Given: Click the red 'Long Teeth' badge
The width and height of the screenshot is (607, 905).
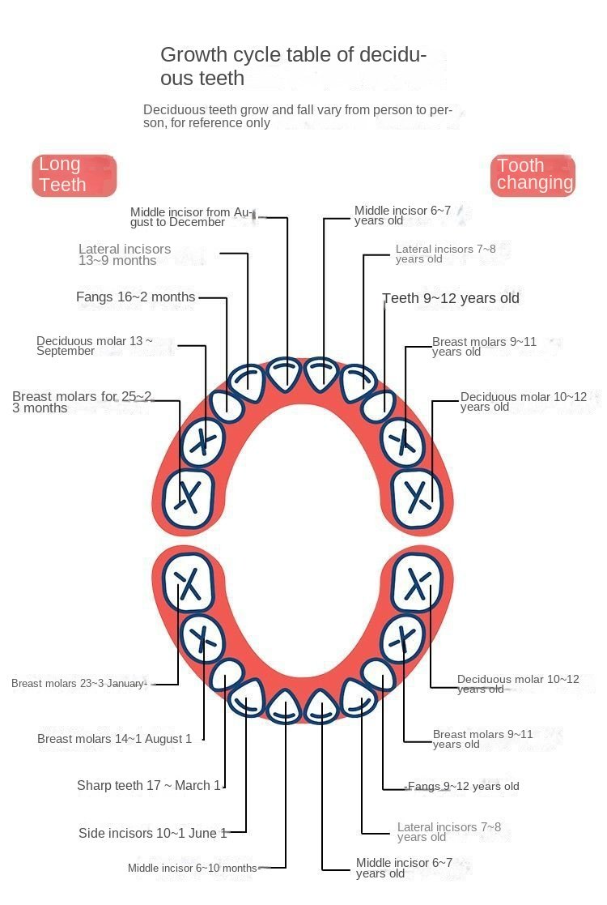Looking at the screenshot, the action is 74,176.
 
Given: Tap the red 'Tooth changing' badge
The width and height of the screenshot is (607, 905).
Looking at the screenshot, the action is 533,175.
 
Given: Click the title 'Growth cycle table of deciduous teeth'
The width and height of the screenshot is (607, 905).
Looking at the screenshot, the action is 294,66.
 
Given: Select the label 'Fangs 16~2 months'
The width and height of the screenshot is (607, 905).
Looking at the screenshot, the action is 135,297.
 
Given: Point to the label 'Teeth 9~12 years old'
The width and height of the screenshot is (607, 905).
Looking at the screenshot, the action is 451,298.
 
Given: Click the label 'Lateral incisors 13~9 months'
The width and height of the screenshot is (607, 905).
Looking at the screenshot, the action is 125,254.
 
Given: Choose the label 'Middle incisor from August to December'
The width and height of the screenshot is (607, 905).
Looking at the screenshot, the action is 191,217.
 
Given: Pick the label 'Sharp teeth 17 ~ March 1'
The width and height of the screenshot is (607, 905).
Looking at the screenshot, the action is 149,786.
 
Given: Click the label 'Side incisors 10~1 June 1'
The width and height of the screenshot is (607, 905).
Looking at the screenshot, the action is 153,833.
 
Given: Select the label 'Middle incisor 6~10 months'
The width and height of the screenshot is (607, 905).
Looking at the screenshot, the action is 193,868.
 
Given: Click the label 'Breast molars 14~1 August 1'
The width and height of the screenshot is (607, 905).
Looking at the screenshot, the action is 114,739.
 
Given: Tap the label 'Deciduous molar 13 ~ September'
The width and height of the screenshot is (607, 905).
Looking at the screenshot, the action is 95,346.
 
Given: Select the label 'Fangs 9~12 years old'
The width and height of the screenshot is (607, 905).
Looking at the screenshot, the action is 464,786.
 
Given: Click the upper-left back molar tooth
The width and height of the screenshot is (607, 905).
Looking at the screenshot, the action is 188,497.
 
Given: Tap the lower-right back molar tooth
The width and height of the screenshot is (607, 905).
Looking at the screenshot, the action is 418,582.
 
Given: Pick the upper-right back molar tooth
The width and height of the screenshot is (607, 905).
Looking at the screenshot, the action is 418,498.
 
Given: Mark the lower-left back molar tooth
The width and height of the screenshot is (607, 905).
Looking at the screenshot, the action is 188,582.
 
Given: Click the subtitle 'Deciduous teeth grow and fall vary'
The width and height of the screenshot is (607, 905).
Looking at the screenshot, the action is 298,116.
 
